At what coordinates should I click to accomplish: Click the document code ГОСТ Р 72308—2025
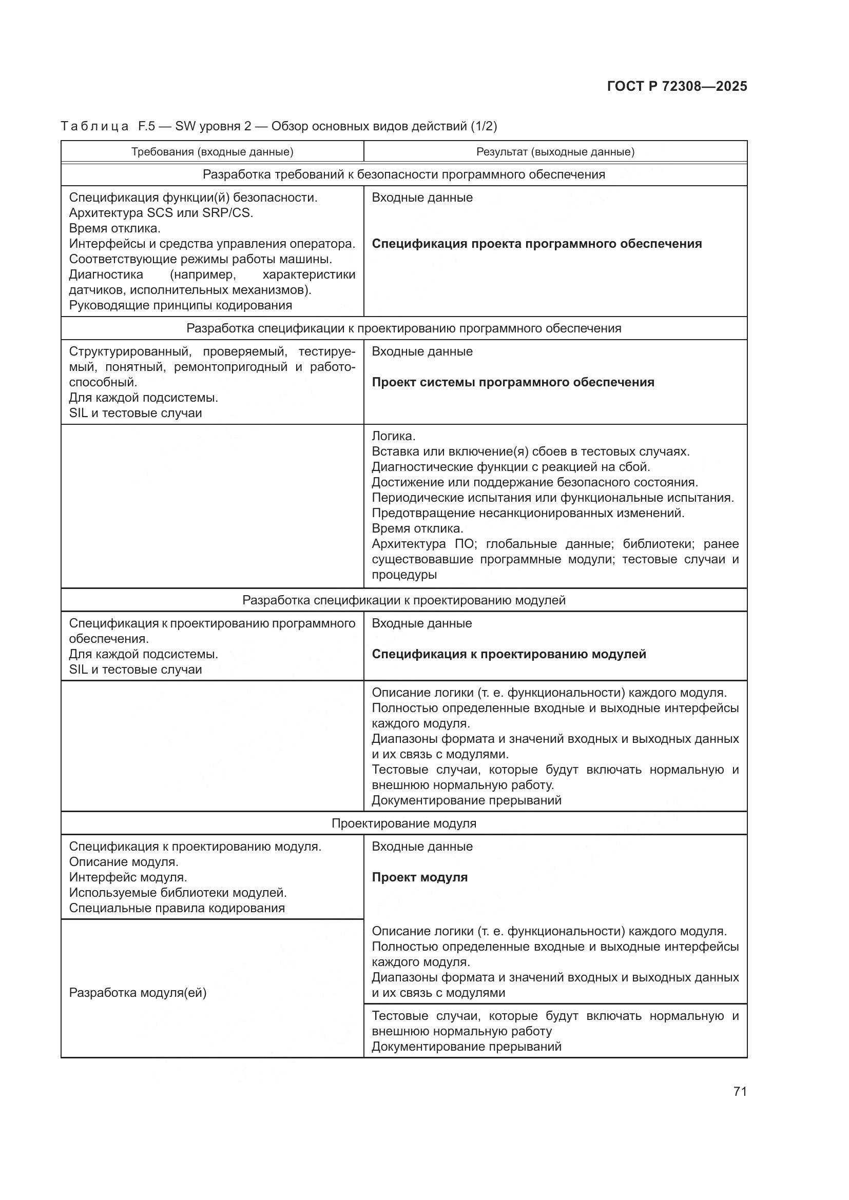[x=677, y=86]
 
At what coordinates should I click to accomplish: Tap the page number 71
[x=740, y=1091]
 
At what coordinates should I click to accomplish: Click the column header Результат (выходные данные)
[x=555, y=152]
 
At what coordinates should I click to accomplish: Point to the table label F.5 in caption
[x=146, y=127]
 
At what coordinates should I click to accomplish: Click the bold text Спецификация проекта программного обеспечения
[x=536, y=244]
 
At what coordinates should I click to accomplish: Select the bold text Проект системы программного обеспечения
[x=513, y=382]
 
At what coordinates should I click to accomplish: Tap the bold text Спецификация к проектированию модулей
[x=509, y=654]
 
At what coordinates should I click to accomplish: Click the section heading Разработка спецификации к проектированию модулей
[x=403, y=601]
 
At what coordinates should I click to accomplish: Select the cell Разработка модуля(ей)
[x=138, y=993]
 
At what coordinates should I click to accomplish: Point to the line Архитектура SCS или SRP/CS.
[x=161, y=213]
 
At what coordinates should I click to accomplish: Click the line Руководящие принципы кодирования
[x=180, y=305]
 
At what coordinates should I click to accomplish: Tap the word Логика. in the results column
[x=393, y=437]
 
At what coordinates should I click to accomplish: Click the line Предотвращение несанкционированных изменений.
[x=528, y=513]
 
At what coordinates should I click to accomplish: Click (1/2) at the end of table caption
[x=484, y=127]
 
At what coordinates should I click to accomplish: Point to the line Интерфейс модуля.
[x=128, y=877]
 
